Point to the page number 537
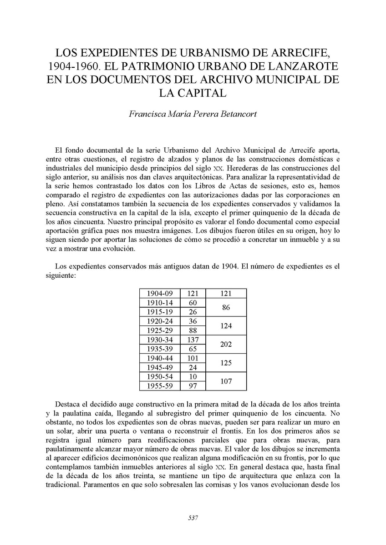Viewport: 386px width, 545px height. [x=193, y=518]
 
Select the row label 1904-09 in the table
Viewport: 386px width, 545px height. [x=160, y=293]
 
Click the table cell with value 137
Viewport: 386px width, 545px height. [x=193, y=340]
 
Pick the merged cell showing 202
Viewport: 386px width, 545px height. [x=226, y=345]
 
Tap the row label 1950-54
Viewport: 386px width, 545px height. [x=160, y=377]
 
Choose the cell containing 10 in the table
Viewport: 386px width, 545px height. [x=193, y=377]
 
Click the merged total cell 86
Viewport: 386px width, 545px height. [x=226, y=307]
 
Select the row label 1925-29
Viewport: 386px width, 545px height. [x=160, y=330]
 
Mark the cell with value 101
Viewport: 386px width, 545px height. [x=193, y=358]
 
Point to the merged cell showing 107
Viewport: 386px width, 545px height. [x=226, y=381]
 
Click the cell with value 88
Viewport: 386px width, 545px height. [x=193, y=330]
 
